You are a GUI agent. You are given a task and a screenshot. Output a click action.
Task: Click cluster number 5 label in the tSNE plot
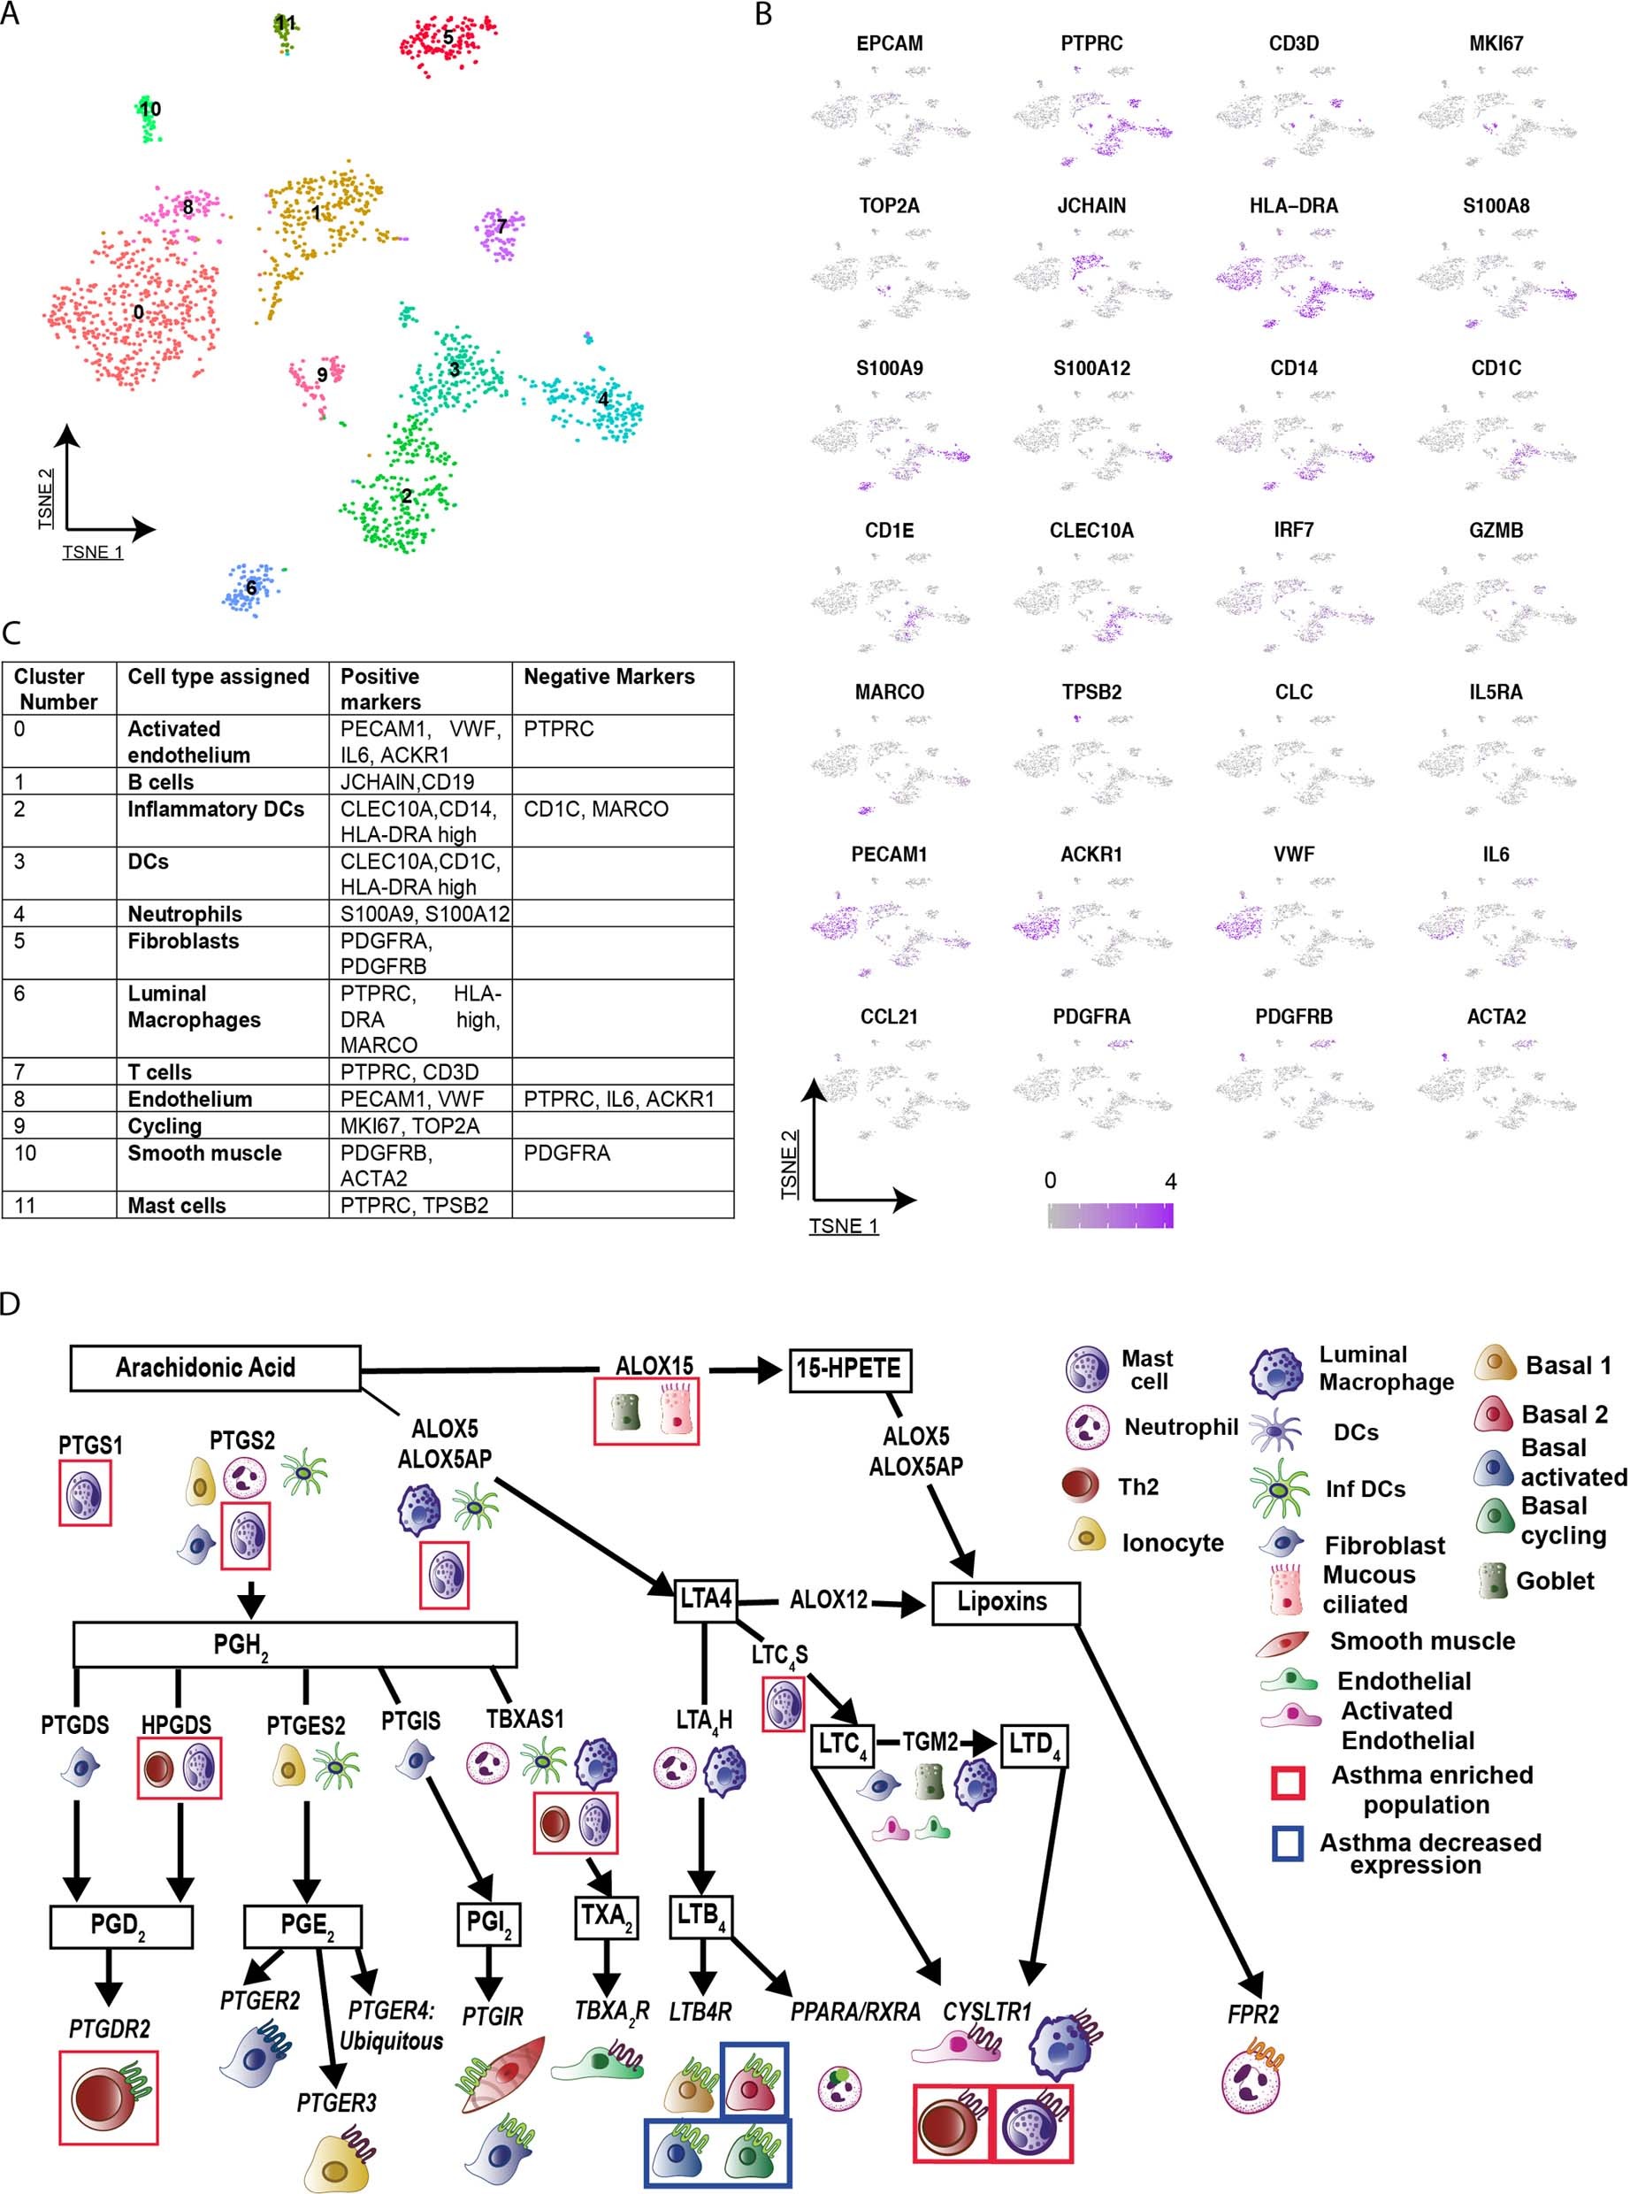pyautogui.click(x=448, y=37)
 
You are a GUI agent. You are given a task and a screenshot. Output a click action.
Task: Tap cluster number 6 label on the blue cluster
pyautogui.click(x=250, y=588)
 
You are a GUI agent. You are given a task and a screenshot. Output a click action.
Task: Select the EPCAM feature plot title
pyautogui.click(x=889, y=43)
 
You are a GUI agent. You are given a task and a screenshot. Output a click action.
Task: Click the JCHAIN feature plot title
pyautogui.click(x=1091, y=205)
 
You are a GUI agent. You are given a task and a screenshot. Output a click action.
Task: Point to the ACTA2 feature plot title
pyautogui.click(x=1495, y=1016)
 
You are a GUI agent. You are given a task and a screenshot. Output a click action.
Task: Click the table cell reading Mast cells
pyautogui.click(x=177, y=1205)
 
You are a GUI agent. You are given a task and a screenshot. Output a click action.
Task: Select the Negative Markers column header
pyautogui.click(x=608, y=676)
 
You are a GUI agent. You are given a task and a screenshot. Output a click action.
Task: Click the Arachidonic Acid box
pyautogui.click(x=215, y=1367)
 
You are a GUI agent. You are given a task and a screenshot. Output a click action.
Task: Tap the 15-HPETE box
pyautogui.click(x=848, y=1368)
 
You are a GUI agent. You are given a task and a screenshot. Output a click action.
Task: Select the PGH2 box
pyautogui.click(x=295, y=1645)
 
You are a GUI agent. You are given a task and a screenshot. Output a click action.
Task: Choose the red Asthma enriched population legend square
pyautogui.click(x=1288, y=1783)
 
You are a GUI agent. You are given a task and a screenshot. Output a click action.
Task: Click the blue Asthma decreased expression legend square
pyautogui.click(x=1288, y=1843)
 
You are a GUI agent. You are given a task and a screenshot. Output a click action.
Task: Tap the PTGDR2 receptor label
pyautogui.click(x=110, y=2029)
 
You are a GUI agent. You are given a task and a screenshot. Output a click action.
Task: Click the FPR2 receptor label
pyautogui.click(x=1252, y=2014)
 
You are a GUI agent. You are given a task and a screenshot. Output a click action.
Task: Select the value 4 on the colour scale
pyautogui.click(x=1170, y=1181)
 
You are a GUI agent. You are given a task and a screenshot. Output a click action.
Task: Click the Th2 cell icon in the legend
pyautogui.click(x=1083, y=1486)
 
